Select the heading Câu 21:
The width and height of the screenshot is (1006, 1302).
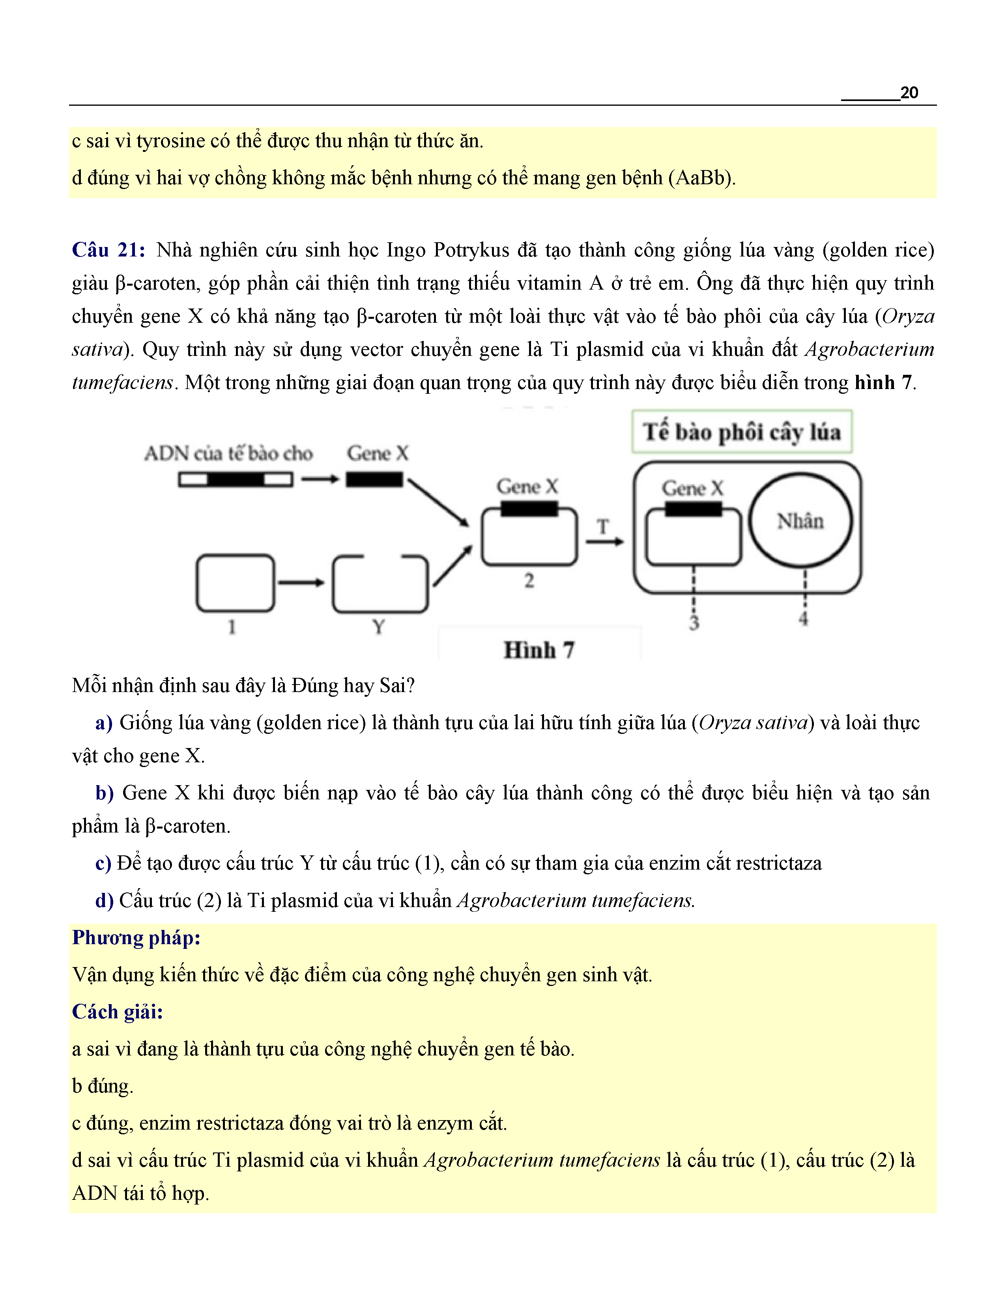point(108,250)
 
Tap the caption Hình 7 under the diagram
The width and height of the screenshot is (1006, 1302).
point(539,650)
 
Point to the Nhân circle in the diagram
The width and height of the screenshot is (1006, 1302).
point(800,520)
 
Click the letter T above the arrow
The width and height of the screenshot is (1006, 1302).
point(603,526)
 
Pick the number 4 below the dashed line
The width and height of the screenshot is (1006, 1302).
point(803,619)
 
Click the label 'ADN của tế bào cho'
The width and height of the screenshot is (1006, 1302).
point(228,454)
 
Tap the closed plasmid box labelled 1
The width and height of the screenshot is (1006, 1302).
point(236,583)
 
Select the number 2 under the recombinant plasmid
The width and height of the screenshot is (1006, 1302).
point(529,581)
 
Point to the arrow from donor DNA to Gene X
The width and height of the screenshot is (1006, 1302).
point(320,479)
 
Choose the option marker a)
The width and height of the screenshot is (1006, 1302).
point(104,722)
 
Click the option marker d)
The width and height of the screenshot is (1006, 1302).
point(104,900)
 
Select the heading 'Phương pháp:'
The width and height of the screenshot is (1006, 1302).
point(136,938)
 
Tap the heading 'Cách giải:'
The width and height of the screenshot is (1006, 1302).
point(118,1012)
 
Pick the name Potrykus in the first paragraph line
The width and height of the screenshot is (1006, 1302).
point(471,250)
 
